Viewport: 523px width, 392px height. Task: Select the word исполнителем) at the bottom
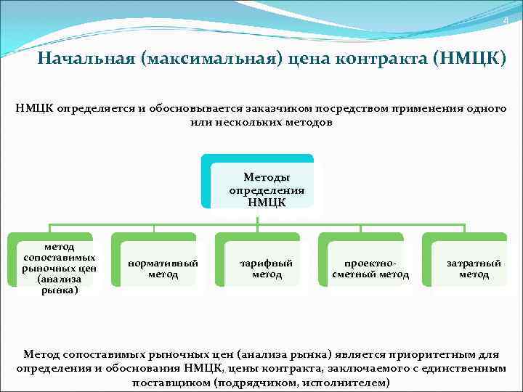(x=348, y=383)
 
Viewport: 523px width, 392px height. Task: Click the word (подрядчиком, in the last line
(x=251, y=383)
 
